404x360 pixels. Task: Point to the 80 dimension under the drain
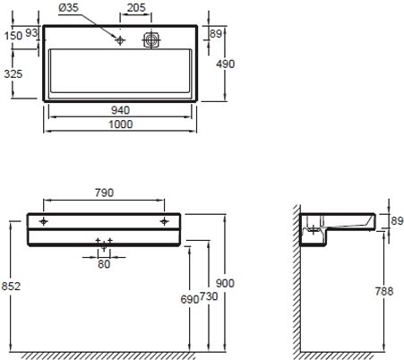[x=105, y=264]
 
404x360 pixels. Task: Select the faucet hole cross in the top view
[x=119, y=39]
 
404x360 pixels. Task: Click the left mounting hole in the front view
[x=44, y=219]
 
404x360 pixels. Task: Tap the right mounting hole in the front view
[x=164, y=219]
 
